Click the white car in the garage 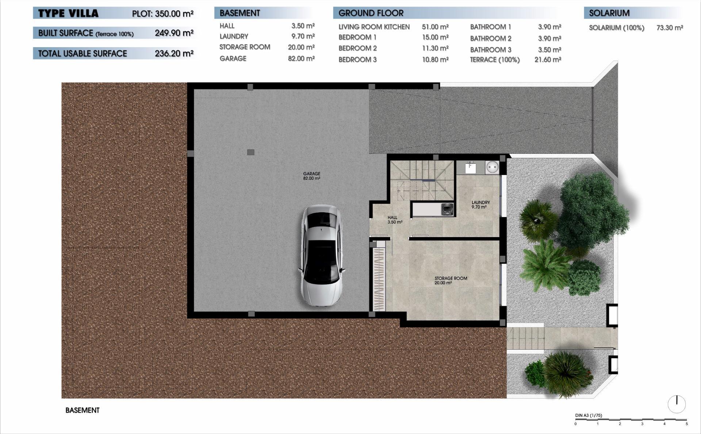click(321, 256)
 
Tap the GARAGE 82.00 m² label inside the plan click(311, 176)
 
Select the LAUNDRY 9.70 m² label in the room click(480, 205)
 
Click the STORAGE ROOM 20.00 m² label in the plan click(451, 280)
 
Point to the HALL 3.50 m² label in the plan click(394, 220)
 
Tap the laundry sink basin click(471, 167)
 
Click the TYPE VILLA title click(68, 14)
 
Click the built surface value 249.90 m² click(174, 33)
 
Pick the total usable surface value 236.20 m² click(174, 53)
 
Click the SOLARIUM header click(609, 13)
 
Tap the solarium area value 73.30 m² click(669, 28)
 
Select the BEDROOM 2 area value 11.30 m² click(435, 48)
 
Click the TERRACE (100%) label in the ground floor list click(494, 60)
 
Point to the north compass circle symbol click(677, 404)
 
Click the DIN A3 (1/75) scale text click(588, 415)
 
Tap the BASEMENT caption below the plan click(82, 410)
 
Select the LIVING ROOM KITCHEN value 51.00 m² click(435, 27)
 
